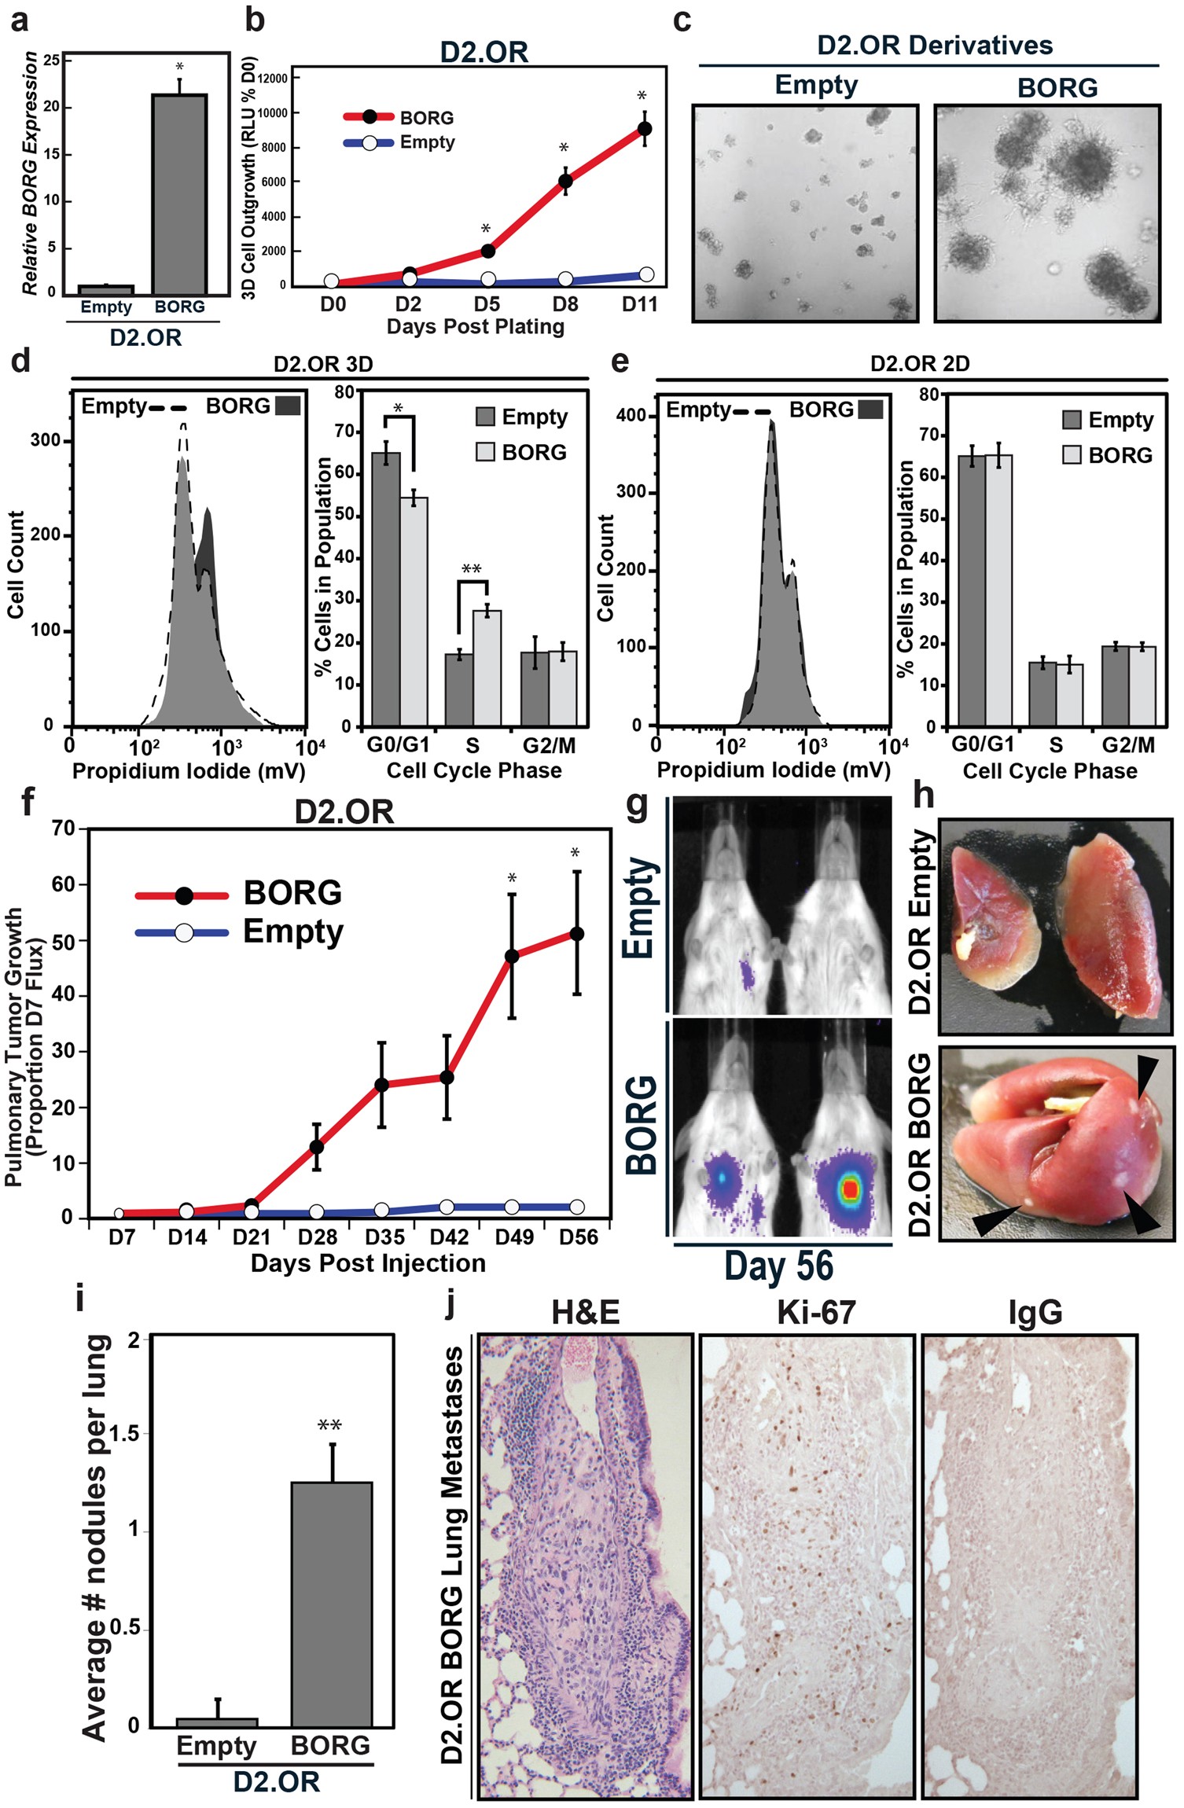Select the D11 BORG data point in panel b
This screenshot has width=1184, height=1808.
coord(644,128)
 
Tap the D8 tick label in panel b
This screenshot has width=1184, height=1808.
coord(564,304)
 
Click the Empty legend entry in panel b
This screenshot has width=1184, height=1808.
coord(427,142)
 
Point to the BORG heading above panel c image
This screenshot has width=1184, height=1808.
coord(1057,87)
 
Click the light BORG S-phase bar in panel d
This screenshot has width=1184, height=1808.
coord(487,668)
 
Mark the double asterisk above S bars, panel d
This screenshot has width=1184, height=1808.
coord(471,569)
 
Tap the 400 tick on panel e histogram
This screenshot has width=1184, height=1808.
coord(631,415)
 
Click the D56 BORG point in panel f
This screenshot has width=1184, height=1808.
coord(577,934)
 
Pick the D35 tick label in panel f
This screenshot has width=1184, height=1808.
coord(384,1237)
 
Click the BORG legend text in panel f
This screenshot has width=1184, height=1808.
coord(292,893)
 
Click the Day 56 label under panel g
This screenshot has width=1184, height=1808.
coord(778,1266)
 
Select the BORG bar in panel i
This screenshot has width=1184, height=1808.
coord(331,1605)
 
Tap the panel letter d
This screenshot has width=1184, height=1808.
coord(20,361)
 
